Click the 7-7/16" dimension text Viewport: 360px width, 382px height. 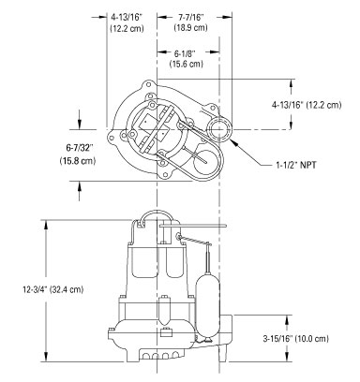point(190,18)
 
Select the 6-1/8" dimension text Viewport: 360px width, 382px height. point(186,53)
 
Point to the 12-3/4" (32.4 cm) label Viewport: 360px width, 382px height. point(53,289)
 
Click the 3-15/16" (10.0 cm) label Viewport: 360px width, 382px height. point(295,338)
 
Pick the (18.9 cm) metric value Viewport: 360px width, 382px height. point(190,27)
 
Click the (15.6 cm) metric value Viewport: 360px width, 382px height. point(186,64)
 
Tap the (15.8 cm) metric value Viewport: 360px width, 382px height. point(78,161)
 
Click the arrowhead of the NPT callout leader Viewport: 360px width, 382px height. point(232,141)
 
